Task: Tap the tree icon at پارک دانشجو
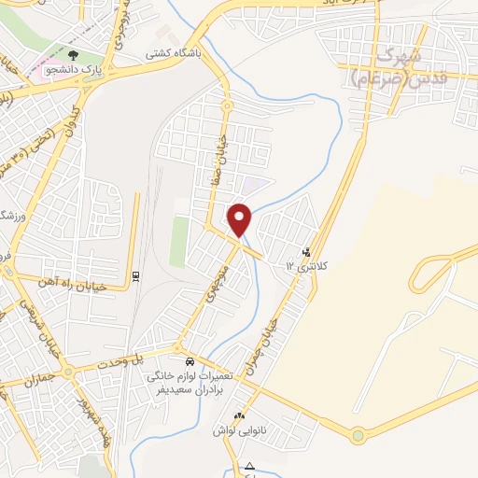pyautogui.click(x=74, y=55)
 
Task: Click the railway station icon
pyautogui.click(x=136, y=275)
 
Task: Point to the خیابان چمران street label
pyautogui.click(x=267, y=344)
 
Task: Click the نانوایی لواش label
pyautogui.click(x=222, y=429)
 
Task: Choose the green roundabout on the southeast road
pyautogui.click(x=358, y=435)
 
